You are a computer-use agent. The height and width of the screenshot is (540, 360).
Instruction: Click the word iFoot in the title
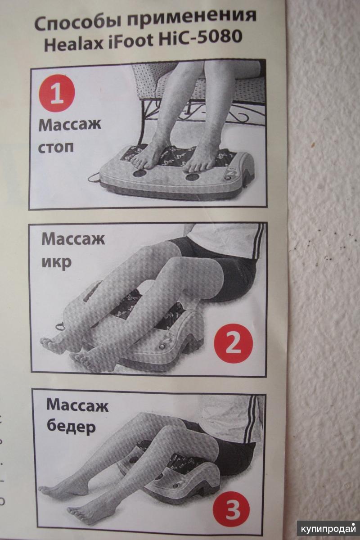[x=130, y=41]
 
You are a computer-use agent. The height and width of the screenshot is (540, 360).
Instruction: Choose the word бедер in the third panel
[x=72, y=427]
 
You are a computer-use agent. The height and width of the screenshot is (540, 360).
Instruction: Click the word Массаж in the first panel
[x=70, y=125]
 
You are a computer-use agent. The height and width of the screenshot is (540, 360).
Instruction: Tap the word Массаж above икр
[x=73, y=239]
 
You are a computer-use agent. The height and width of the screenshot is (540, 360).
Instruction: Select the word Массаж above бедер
[x=77, y=405]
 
